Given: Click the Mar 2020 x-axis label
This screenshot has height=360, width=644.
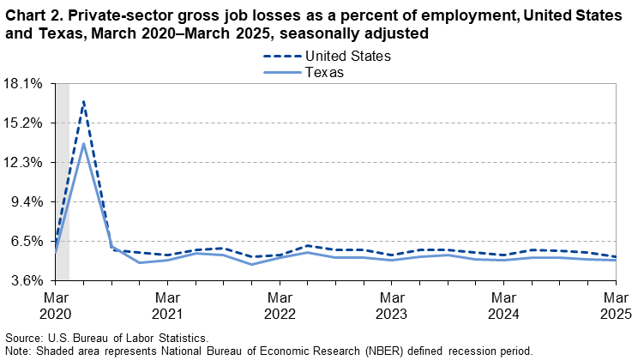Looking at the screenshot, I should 55,304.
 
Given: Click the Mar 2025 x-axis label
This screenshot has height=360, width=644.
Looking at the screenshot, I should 616,304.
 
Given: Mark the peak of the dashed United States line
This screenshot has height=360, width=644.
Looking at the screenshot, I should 83,101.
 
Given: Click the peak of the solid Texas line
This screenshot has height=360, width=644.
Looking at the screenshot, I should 83,142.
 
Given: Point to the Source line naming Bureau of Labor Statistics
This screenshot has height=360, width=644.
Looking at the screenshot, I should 106,339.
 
